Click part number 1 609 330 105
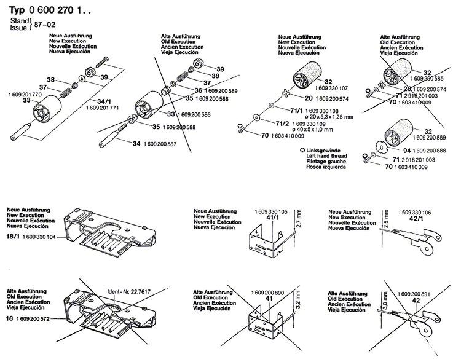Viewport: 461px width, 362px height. click(266, 211)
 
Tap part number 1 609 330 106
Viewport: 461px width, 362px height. click(412, 211)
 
